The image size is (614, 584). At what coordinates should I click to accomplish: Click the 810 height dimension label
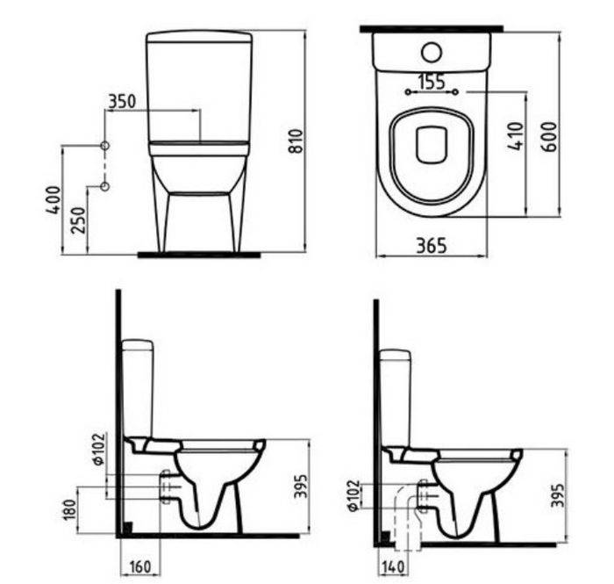click(297, 141)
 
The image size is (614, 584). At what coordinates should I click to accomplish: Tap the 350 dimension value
click(122, 102)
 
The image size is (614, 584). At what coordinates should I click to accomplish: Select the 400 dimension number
click(54, 200)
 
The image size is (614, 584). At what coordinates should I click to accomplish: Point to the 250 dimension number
click(78, 220)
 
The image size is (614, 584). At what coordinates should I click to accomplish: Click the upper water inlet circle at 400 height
click(104, 146)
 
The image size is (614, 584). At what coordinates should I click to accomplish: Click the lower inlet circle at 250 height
click(104, 186)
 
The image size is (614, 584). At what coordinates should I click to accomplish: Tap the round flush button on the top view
click(432, 52)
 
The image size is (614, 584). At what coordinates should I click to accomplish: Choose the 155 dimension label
click(432, 82)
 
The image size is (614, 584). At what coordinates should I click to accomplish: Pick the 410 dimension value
click(516, 136)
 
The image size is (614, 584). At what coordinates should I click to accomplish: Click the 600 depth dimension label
click(548, 136)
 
